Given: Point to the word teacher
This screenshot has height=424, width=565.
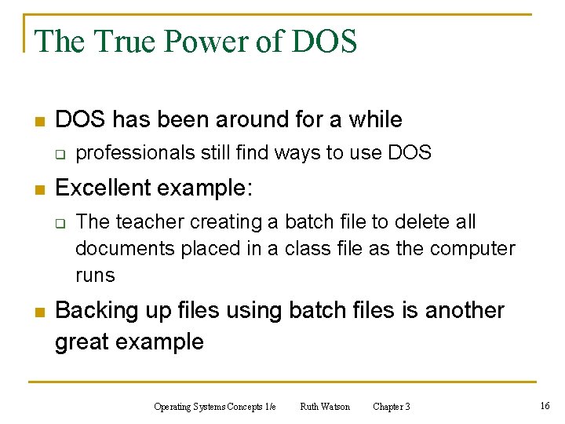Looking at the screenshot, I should pyautogui.click(x=154, y=222).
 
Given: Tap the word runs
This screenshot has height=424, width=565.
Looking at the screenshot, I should pyautogui.click(x=95, y=276).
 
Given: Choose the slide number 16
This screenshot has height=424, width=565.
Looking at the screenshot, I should pyautogui.click(x=545, y=405).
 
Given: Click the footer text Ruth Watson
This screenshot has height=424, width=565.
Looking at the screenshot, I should pyautogui.click(x=325, y=407).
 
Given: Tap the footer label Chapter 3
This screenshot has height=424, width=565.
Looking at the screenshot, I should pyautogui.click(x=391, y=407).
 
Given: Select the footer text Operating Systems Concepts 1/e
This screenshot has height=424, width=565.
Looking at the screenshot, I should pyautogui.click(x=215, y=407).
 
